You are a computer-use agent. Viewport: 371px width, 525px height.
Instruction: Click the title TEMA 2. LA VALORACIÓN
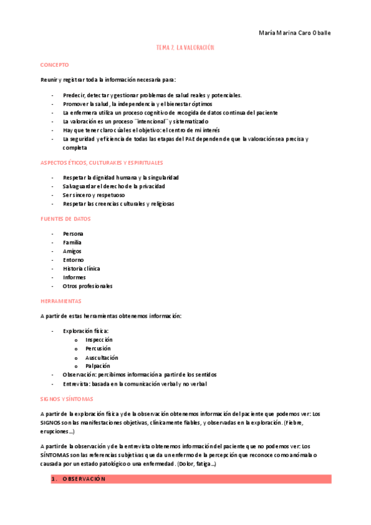[185, 48]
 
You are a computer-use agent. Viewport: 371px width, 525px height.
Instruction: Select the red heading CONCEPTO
[55, 65]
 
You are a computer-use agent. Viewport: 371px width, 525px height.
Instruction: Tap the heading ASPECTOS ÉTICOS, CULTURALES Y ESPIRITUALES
[102, 163]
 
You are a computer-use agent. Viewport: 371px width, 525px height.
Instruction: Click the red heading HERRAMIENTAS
[61, 301]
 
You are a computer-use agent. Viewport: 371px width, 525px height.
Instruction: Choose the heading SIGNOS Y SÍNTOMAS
[66, 399]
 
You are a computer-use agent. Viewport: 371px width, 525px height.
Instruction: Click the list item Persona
[73, 233]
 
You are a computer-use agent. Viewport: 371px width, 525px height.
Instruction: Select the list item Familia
[72, 243]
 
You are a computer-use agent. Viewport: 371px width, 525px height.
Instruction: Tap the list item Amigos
[72, 251]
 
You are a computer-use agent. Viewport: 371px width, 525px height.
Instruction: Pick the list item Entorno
[73, 260]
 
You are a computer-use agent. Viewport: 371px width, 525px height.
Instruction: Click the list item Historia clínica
[81, 269]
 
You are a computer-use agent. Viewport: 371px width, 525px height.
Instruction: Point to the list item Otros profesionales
[88, 286]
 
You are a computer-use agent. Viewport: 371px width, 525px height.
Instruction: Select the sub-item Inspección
[99, 340]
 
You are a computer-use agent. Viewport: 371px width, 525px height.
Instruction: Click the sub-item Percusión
[98, 349]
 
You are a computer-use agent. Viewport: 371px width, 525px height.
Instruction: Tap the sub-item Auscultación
[102, 357]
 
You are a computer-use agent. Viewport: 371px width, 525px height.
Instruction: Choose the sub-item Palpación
[98, 366]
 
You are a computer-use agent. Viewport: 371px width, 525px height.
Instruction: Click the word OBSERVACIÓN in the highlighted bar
[84, 479]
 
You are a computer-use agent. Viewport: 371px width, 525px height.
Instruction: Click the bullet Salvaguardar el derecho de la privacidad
[114, 186]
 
